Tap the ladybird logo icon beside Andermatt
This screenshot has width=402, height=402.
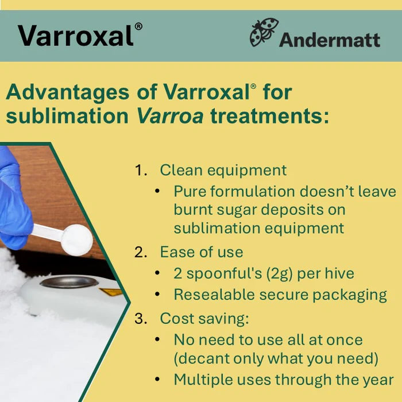tap(264, 33)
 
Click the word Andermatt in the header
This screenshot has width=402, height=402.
tap(330, 40)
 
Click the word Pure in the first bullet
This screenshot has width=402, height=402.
tap(190, 191)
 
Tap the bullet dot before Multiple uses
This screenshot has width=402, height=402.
tap(157, 380)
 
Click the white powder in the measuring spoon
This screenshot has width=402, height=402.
tap(76, 238)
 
